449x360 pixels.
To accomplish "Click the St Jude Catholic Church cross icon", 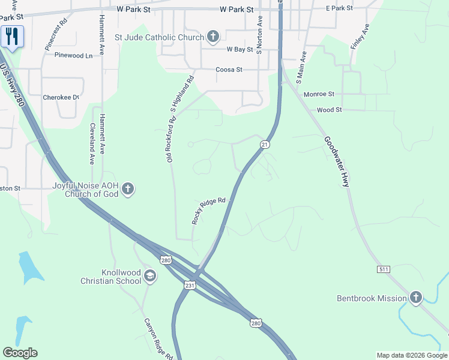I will pyautogui.click(x=212, y=37).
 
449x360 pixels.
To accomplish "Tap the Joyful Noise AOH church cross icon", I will pyautogui.click(x=127, y=190).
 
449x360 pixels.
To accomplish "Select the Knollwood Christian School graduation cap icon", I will pyautogui.click(x=150, y=277).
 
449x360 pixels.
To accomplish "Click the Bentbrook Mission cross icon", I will pyautogui.click(x=416, y=298).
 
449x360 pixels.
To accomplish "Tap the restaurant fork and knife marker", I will pyautogui.click(x=12, y=37).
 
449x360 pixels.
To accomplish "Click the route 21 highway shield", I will pyautogui.click(x=265, y=145).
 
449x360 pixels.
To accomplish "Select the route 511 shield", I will pyautogui.click(x=384, y=269).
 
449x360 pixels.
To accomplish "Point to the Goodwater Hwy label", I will pyautogui.click(x=336, y=161).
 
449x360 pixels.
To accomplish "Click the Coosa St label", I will pyautogui.click(x=229, y=70).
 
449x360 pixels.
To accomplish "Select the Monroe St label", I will pyautogui.click(x=318, y=94).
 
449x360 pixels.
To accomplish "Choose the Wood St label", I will pyautogui.click(x=329, y=110).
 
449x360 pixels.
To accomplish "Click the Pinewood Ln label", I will pyautogui.click(x=74, y=55).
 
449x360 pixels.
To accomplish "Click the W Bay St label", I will pyautogui.click(x=241, y=50).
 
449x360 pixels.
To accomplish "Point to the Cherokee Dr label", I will pyautogui.click(x=61, y=97).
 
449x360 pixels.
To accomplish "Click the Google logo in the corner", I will pyautogui.click(x=20, y=353).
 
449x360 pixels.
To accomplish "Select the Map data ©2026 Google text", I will pyautogui.click(x=411, y=355).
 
